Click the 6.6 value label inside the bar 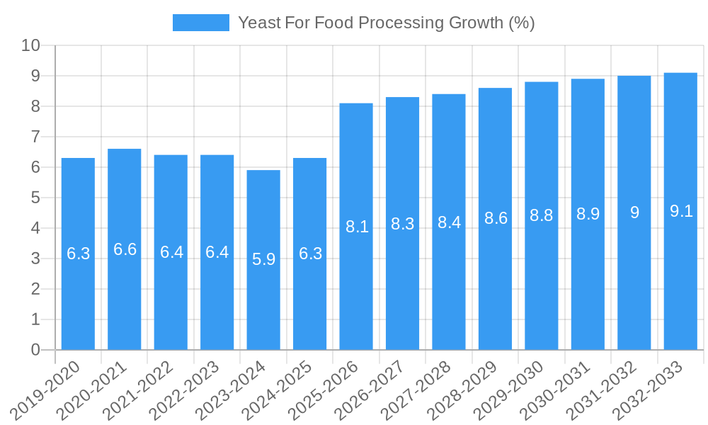tap(125, 249)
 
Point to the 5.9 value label tap(263, 259)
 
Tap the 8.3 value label tap(402, 224)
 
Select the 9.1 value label tap(680, 211)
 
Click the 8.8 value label tap(542, 216)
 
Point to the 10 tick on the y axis tap(30, 46)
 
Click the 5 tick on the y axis tap(35, 198)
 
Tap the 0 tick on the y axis tap(35, 350)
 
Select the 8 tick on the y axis tap(35, 107)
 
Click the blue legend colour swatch tap(201, 23)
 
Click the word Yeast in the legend tap(256, 23)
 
